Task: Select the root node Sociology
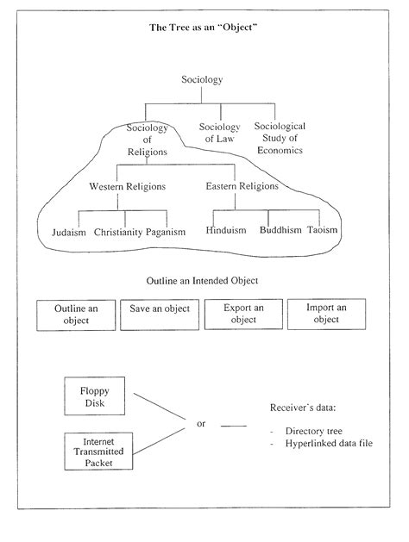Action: pyautogui.click(x=202, y=80)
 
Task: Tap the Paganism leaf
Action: pyautogui.click(x=166, y=232)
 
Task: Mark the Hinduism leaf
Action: pyautogui.click(x=227, y=231)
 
